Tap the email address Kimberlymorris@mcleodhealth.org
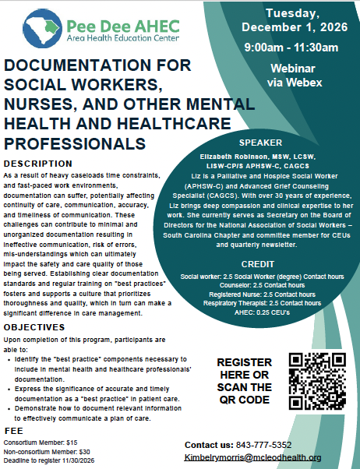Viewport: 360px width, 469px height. (x=252, y=457)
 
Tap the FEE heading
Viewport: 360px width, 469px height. (x=13, y=430)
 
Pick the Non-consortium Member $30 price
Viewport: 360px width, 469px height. (x=48, y=450)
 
